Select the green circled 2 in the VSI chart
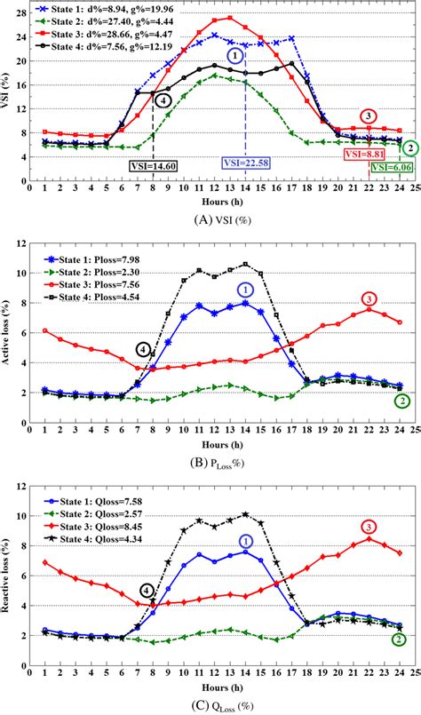[x=409, y=147]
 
